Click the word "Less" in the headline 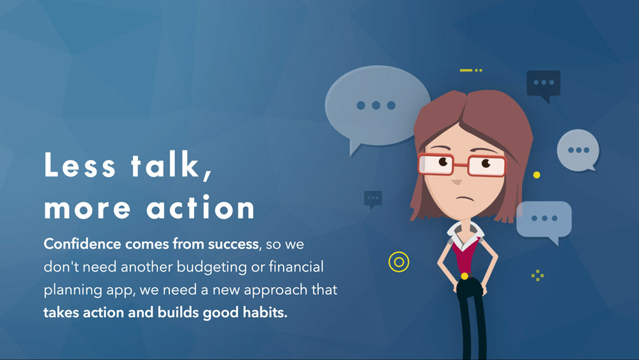tap(80, 164)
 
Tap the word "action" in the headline tap(201, 207)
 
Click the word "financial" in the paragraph tap(296, 267)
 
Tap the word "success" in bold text tap(233, 244)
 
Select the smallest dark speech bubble tap(373, 200)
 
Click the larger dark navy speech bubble tap(543, 84)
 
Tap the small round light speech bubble tap(578, 150)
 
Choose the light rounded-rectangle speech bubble tap(544, 220)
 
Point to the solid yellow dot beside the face tap(537, 175)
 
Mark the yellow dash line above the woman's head tap(471, 70)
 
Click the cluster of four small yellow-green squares tap(537, 275)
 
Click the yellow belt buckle tap(464, 276)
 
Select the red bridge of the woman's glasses tap(461, 165)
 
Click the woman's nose tap(456, 180)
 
